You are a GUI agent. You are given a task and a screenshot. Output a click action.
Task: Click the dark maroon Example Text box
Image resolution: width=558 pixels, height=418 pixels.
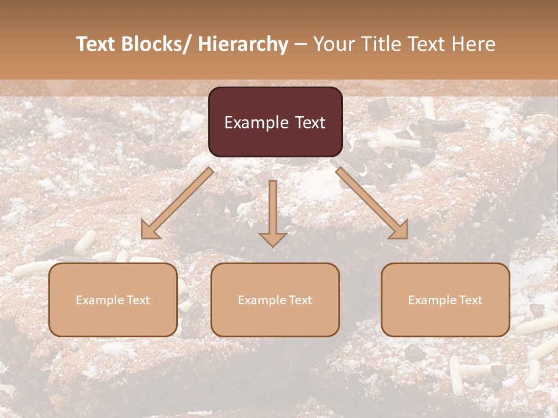click(275, 122)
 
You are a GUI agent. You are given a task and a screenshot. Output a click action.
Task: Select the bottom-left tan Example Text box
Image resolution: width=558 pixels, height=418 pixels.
click(113, 300)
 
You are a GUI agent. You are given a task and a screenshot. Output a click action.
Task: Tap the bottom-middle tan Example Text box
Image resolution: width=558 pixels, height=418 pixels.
click(275, 300)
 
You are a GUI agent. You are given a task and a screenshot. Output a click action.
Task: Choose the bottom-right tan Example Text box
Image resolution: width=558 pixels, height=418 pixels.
click(445, 300)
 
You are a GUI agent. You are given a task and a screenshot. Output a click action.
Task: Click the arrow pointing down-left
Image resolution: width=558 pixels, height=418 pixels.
click(177, 203)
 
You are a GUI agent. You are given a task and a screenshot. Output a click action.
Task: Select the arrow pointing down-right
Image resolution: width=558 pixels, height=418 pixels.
click(372, 203)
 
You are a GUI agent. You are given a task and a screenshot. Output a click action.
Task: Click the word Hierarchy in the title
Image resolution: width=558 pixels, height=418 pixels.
click(243, 44)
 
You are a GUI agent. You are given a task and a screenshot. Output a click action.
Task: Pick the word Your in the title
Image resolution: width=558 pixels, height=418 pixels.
click(334, 44)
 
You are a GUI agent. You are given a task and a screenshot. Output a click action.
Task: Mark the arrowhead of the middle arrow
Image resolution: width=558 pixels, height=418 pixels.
click(273, 239)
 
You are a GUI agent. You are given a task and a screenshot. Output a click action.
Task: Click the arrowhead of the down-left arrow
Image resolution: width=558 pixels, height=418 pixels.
click(150, 231)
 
